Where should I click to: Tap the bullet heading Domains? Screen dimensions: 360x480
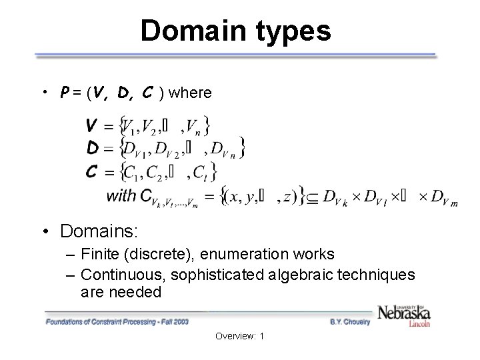[99, 231]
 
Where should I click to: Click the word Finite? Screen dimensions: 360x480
[99, 254]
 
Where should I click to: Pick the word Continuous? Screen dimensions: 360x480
[118, 274]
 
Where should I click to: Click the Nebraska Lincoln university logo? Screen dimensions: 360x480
[403, 314]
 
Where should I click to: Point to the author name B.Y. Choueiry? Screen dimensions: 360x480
[349, 322]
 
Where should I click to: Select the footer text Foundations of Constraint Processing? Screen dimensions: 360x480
[100, 322]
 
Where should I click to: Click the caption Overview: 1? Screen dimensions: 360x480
[239, 337]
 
